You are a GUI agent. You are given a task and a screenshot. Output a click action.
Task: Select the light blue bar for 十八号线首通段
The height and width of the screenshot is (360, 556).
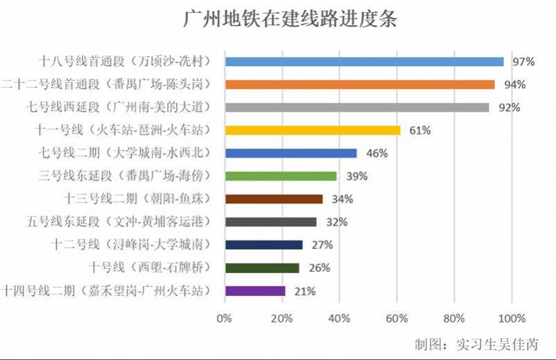click(x=363, y=61)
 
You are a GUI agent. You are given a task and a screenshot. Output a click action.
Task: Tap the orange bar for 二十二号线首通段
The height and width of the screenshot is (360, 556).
click(x=359, y=85)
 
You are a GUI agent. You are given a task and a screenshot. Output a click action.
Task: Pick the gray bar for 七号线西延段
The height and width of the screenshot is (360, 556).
click(x=357, y=108)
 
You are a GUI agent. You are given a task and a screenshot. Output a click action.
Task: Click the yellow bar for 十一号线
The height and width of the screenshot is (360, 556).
click(x=312, y=130)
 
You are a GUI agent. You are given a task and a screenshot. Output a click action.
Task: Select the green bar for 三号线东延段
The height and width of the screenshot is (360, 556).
click(x=280, y=176)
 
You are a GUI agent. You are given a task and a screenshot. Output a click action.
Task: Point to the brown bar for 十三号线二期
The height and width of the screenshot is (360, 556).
click(x=273, y=199)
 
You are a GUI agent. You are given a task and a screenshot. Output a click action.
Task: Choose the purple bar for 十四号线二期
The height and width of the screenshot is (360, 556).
click(x=254, y=291)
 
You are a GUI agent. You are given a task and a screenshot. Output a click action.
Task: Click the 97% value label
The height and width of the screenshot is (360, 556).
click(x=523, y=62)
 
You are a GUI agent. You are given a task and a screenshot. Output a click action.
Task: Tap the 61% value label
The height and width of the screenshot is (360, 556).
click(x=420, y=130)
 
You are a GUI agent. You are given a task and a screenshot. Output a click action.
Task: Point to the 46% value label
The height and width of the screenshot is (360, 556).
click(x=376, y=154)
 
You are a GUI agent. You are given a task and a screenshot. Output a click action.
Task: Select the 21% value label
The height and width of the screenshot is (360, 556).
click(x=305, y=291)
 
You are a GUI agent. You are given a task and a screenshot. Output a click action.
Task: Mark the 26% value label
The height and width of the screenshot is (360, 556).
click(x=319, y=268)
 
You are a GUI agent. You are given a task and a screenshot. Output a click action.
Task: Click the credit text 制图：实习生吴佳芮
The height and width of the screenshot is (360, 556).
click(x=476, y=344)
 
